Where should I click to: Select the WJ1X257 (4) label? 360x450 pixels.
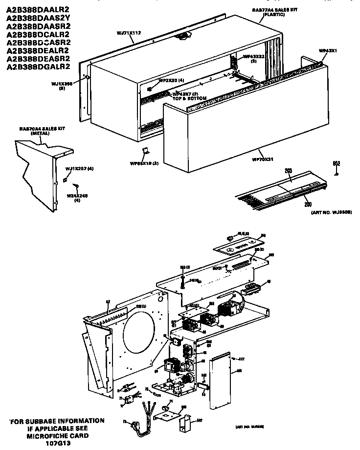click(x=79, y=169)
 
